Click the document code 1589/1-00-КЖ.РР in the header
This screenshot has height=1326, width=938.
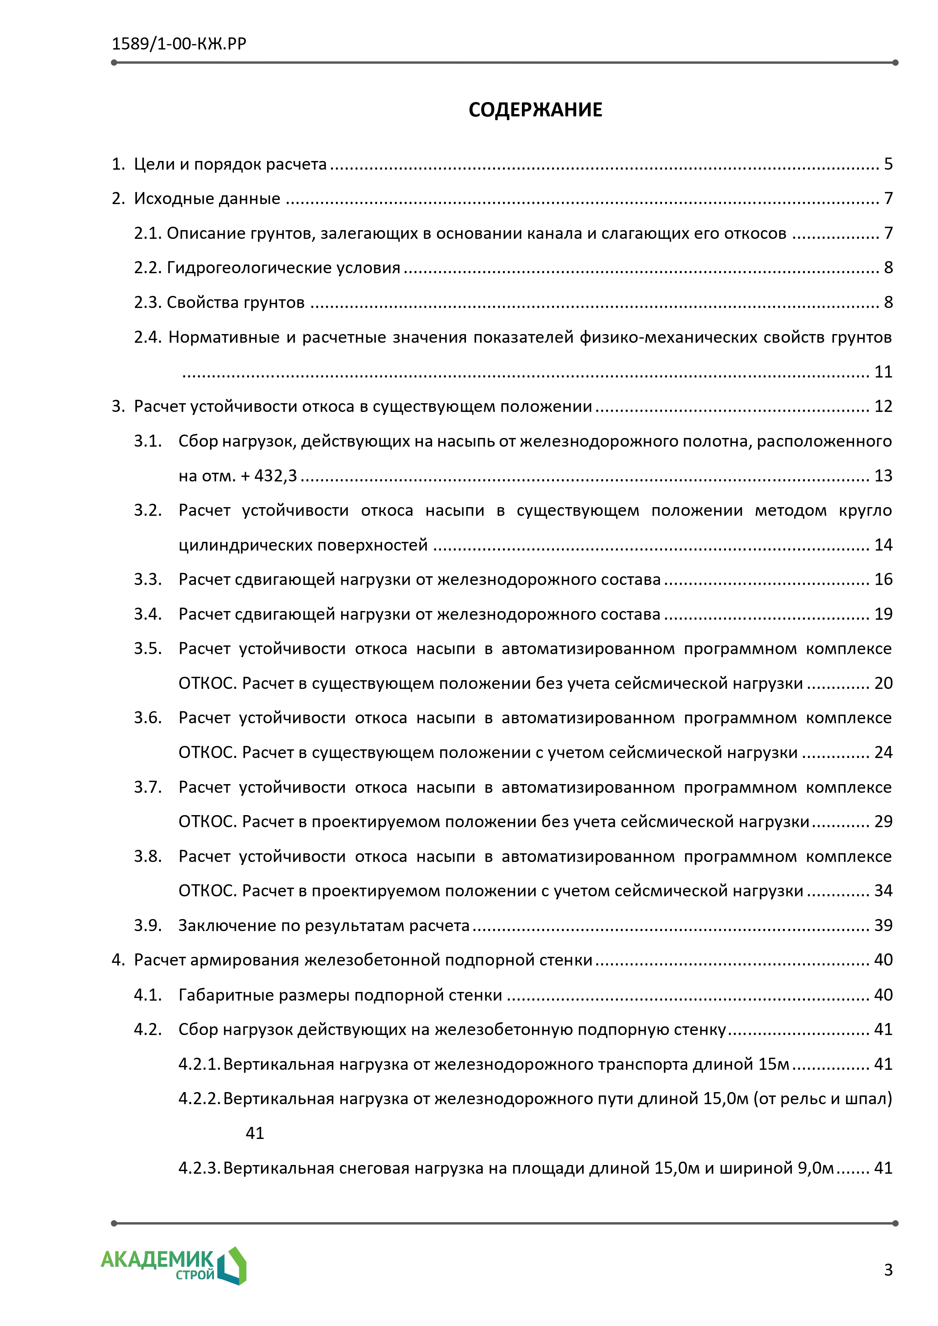point(179,44)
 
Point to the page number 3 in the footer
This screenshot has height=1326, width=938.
point(888,1269)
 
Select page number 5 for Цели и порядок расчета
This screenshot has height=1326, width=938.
point(888,164)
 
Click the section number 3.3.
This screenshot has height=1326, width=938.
point(148,579)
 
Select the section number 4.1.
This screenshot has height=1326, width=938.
point(148,995)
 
